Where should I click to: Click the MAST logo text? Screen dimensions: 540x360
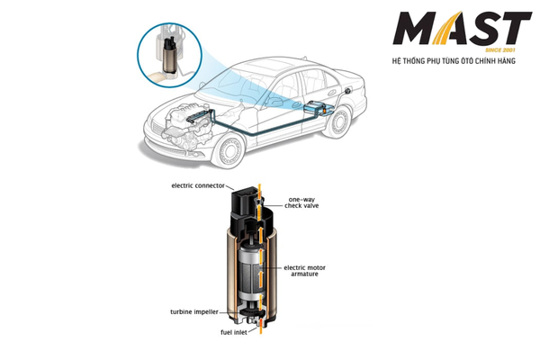pos(463,28)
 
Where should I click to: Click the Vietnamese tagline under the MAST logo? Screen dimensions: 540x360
pos(454,61)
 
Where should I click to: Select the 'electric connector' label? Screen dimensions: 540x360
pos(198,185)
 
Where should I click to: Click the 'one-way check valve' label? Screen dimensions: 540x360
pos(301,202)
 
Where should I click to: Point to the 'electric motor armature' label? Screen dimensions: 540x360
pos(304,271)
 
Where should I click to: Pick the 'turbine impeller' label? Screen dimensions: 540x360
pos(194,311)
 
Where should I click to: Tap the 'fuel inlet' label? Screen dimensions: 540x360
pos(234,332)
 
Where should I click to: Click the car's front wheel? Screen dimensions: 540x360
pos(228,151)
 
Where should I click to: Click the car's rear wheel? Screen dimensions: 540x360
pos(338,121)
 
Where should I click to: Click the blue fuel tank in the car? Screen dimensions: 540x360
pos(315,106)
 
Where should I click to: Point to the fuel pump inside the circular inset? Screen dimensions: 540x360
pos(170,54)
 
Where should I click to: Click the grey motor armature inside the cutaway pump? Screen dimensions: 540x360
pos(250,272)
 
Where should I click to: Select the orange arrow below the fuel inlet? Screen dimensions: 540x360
pos(261,327)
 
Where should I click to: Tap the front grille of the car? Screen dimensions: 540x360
pos(157,130)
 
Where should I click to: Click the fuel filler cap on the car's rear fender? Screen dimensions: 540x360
pos(348,90)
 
